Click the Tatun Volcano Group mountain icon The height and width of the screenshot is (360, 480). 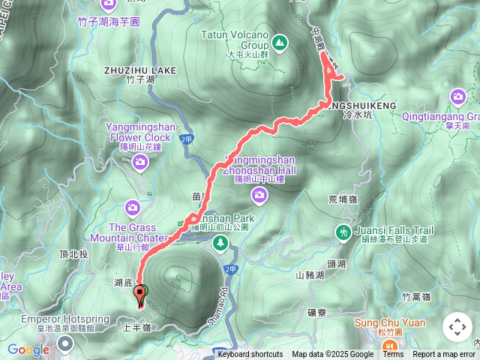coord(279,44)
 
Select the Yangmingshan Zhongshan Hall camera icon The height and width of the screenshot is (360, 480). coord(259,196)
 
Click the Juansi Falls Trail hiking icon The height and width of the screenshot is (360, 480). coord(343,232)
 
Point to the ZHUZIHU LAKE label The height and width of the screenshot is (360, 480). coord(140,70)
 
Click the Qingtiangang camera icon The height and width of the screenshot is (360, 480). coord(457,97)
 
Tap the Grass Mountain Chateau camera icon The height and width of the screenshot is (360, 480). coord(132,206)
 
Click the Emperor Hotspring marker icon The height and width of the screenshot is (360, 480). coord(64,343)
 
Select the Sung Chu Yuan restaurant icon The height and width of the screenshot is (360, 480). coord(390,346)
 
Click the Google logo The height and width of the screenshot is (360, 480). coord(28,349)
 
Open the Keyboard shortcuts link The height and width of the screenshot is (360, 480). coord(250,355)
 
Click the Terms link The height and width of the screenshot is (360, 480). coord(393,355)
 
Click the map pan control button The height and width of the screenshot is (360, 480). coord(457,327)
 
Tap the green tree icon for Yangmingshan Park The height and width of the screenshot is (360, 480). coord(220,242)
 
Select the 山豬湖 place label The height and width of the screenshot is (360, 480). coord(310,275)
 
